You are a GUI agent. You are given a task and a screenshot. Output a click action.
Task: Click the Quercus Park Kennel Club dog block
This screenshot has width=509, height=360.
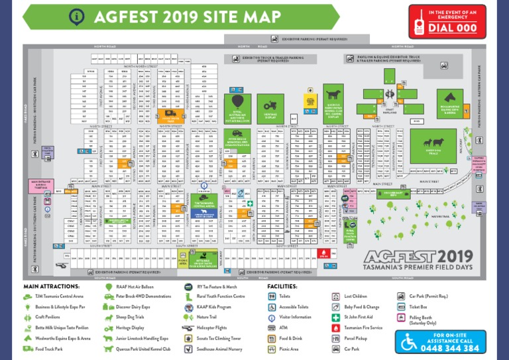click(x=335, y=103)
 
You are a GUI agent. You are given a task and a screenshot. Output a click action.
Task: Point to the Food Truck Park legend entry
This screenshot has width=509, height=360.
click(x=46, y=348)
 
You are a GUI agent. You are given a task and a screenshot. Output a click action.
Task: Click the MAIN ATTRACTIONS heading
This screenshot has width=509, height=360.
click(x=51, y=286)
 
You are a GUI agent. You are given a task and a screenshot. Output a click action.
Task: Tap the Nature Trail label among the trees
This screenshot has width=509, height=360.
click(x=438, y=215)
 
